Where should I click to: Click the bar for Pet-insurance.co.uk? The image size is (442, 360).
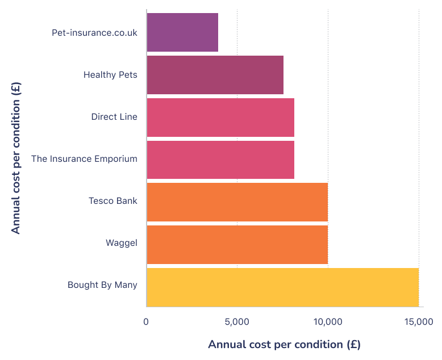pos(182,32)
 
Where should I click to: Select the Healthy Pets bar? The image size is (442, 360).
pos(215,75)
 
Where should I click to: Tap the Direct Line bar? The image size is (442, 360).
pos(220,118)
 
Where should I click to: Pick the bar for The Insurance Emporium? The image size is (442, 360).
pos(220,160)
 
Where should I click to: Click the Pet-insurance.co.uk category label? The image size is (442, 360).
pos(94,32)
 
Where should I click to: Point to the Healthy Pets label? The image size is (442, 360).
pos(110,75)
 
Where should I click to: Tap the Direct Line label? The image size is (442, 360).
pos(114,117)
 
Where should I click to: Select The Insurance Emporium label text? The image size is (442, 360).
pos(84,159)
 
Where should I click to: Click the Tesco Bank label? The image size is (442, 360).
pos(113,201)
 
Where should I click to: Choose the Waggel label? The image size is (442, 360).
pos(122,244)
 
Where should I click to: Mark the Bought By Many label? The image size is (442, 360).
pos(102,285)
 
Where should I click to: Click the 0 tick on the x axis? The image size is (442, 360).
pos(147,322)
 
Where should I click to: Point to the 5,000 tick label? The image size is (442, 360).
pos(237,322)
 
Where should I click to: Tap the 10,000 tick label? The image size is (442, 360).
pos(328,322)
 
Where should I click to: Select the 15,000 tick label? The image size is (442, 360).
pos(419,322)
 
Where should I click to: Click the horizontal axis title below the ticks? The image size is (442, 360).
pos(284,345)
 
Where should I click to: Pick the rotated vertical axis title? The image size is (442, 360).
pos(16,158)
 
